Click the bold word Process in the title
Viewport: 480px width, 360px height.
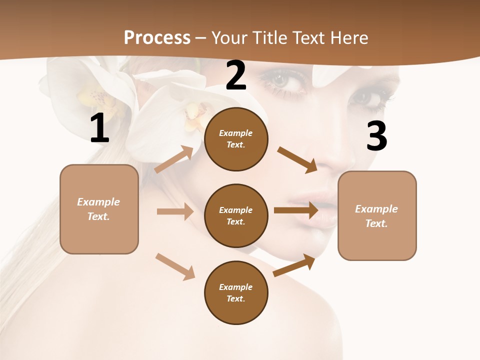(157, 37)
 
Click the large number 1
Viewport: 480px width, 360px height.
(99, 128)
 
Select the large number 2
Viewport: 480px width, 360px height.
(236, 75)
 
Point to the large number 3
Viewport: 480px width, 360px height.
(376, 136)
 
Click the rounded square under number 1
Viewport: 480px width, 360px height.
(99, 209)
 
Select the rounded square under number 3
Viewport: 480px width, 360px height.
(377, 215)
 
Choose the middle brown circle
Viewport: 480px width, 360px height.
(236, 215)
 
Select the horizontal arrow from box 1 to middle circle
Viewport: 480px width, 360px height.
(175, 211)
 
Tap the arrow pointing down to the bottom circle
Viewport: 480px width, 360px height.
(175, 266)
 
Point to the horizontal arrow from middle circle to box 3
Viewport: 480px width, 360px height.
(296, 210)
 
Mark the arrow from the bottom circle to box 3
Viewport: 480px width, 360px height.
(294, 265)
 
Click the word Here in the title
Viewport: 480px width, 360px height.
(348, 37)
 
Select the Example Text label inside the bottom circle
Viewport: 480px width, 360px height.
(236, 293)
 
